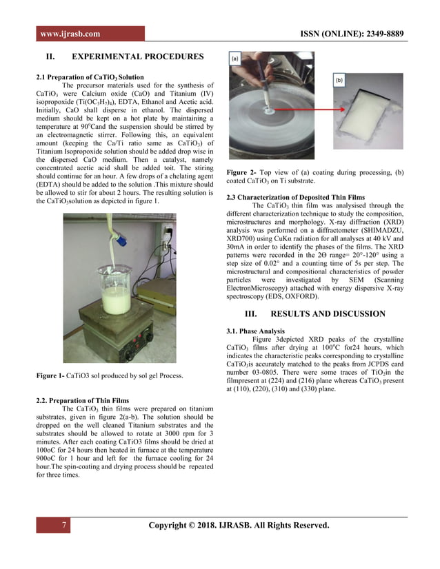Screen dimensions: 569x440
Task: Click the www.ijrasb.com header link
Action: click(x=70, y=34)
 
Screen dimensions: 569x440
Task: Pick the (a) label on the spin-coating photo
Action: click(x=236, y=60)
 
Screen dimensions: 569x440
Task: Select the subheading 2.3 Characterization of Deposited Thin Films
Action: click(x=296, y=197)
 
